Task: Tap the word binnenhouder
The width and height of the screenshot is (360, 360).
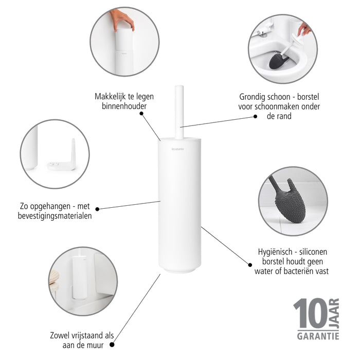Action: pos(124,106)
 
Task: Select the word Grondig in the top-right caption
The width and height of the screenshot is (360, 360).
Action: pos(254,96)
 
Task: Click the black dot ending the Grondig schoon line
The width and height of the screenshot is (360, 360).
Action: pos(256,117)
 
